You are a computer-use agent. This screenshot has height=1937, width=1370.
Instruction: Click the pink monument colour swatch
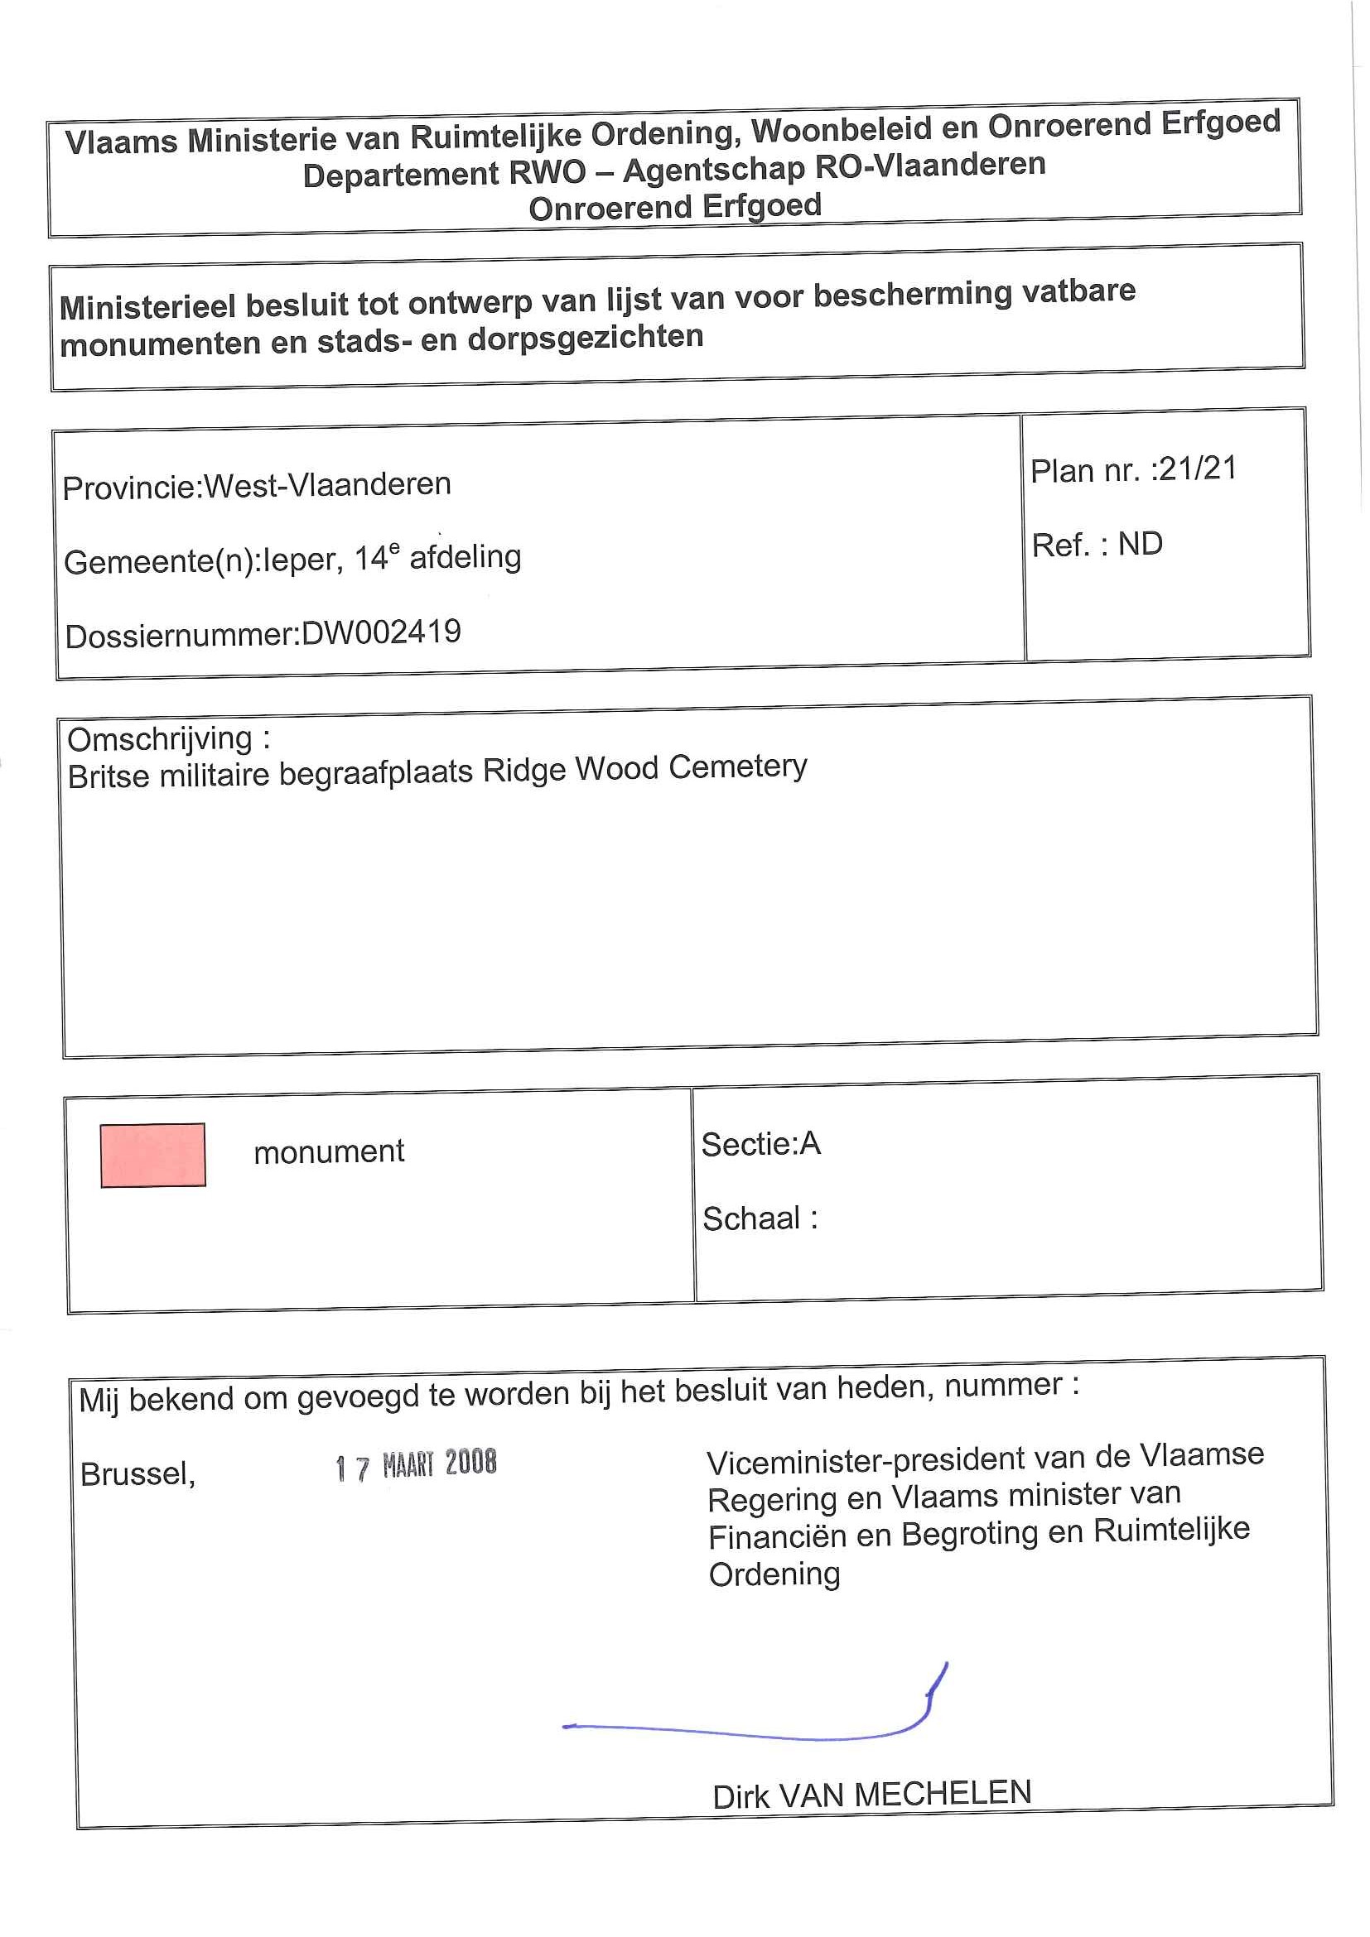pyautogui.click(x=152, y=1155)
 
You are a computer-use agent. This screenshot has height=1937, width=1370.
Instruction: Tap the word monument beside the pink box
pyautogui.click(x=328, y=1151)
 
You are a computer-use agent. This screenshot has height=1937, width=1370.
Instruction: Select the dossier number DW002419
pyautogui.click(x=381, y=632)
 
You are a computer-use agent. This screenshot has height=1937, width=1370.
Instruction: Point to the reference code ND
pyautogui.click(x=1140, y=544)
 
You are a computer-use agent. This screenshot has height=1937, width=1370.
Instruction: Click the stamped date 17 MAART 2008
pyautogui.click(x=415, y=1465)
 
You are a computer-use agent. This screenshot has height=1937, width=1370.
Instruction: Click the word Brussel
pyautogui.click(x=137, y=1473)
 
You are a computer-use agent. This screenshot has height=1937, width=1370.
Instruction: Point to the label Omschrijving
pyautogui.click(x=161, y=739)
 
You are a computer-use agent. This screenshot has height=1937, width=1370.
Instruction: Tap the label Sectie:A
pyautogui.click(x=760, y=1144)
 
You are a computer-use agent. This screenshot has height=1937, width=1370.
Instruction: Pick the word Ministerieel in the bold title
pyautogui.click(x=147, y=305)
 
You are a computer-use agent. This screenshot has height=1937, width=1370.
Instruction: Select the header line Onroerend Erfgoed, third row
pyautogui.click(x=674, y=207)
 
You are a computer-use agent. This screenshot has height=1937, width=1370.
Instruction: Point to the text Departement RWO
pyautogui.click(x=444, y=174)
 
